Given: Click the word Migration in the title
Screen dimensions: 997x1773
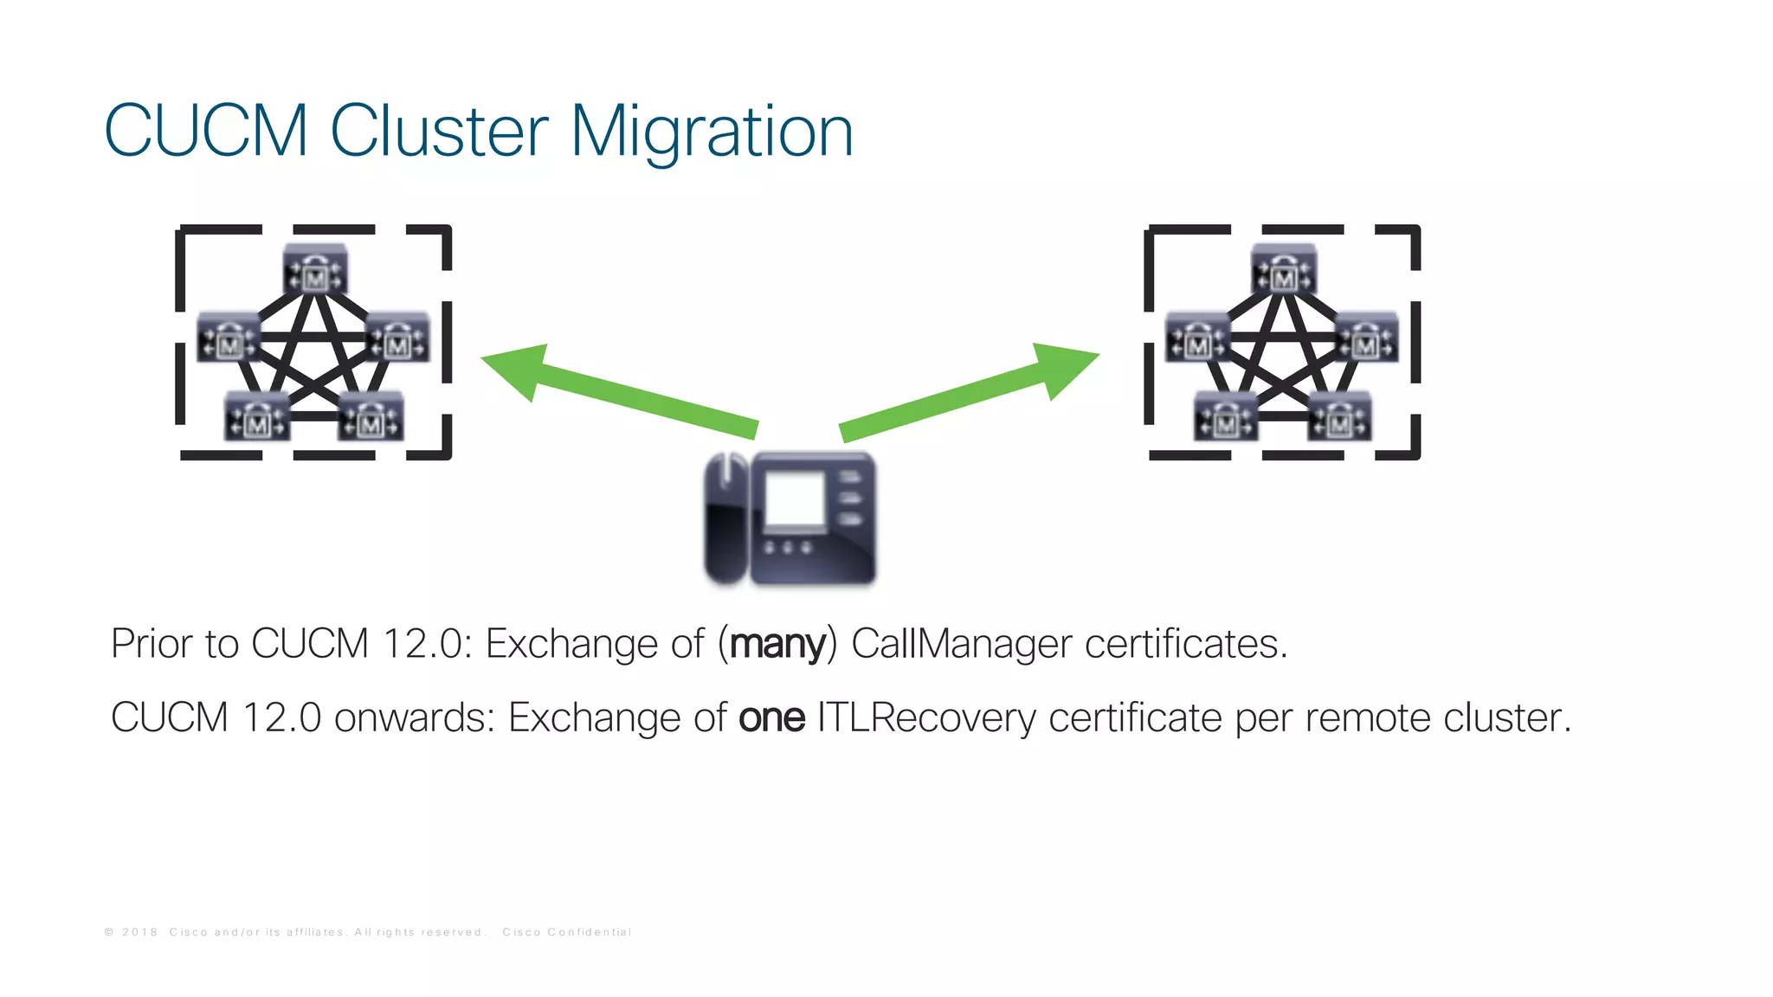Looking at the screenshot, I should click(x=712, y=132).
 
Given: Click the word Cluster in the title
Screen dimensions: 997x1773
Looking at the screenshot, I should click(x=439, y=132).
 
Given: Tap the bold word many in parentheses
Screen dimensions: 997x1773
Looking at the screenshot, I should click(x=777, y=644).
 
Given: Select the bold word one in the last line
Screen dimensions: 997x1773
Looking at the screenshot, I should click(x=771, y=717).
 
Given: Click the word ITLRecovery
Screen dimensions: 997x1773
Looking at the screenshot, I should click(x=925, y=717).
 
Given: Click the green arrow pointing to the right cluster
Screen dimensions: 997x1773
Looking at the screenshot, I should click(x=970, y=390).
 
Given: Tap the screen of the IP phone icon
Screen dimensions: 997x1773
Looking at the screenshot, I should click(x=795, y=499).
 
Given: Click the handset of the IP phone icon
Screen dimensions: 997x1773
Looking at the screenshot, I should click(x=725, y=519).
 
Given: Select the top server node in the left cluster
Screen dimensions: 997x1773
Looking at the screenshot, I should click(x=316, y=270).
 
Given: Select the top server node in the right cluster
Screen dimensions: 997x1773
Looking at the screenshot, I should click(x=1284, y=270).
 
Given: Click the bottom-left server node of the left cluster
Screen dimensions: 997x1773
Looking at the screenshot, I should click(x=257, y=416).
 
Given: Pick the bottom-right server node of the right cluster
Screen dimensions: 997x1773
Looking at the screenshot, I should click(x=1339, y=416).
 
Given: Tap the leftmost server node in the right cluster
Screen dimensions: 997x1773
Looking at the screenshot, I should click(x=1197, y=338).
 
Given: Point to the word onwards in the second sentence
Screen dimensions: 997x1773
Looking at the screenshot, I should click(x=414, y=717).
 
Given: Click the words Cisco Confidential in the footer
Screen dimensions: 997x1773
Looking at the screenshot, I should click(x=567, y=932).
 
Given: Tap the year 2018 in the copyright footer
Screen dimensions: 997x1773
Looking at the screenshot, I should click(x=140, y=932).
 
